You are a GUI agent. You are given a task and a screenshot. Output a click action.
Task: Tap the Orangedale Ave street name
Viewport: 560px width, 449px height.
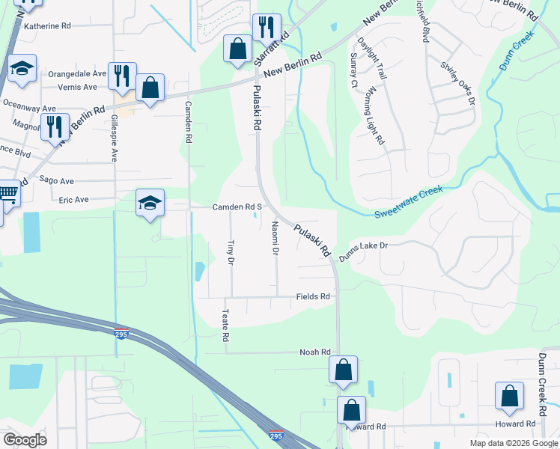pyautogui.click(x=77, y=74)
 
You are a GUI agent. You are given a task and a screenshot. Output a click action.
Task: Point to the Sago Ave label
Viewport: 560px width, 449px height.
pyautogui.click(x=56, y=181)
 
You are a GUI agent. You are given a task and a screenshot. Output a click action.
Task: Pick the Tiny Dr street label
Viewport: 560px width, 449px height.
pyautogui.click(x=231, y=252)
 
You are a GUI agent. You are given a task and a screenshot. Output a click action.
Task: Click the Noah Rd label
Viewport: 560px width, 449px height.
pyautogui.click(x=314, y=352)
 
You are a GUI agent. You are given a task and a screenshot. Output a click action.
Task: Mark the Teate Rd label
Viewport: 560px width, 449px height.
pyautogui.click(x=225, y=327)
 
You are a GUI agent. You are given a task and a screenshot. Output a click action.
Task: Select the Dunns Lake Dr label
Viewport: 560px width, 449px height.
pyautogui.click(x=364, y=250)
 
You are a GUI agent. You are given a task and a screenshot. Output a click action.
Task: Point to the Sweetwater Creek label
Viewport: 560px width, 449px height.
pyautogui.click(x=408, y=202)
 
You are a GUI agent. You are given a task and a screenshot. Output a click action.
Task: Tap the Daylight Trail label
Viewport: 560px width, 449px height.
pyautogui.click(x=371, y=58)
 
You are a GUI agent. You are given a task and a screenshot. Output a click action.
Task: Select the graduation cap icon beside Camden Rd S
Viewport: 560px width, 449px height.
pyautogui.click(x=149, y=202)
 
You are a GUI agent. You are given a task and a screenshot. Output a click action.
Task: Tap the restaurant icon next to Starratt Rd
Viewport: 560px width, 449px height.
pyautogui.click(x=267, y=28)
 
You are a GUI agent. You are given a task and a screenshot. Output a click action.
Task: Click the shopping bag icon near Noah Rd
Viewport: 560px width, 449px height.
pyautogui.click(x=343, y=370)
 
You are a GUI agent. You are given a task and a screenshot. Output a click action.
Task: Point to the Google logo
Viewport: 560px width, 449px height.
pyautogui.click(x=25, y=440)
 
